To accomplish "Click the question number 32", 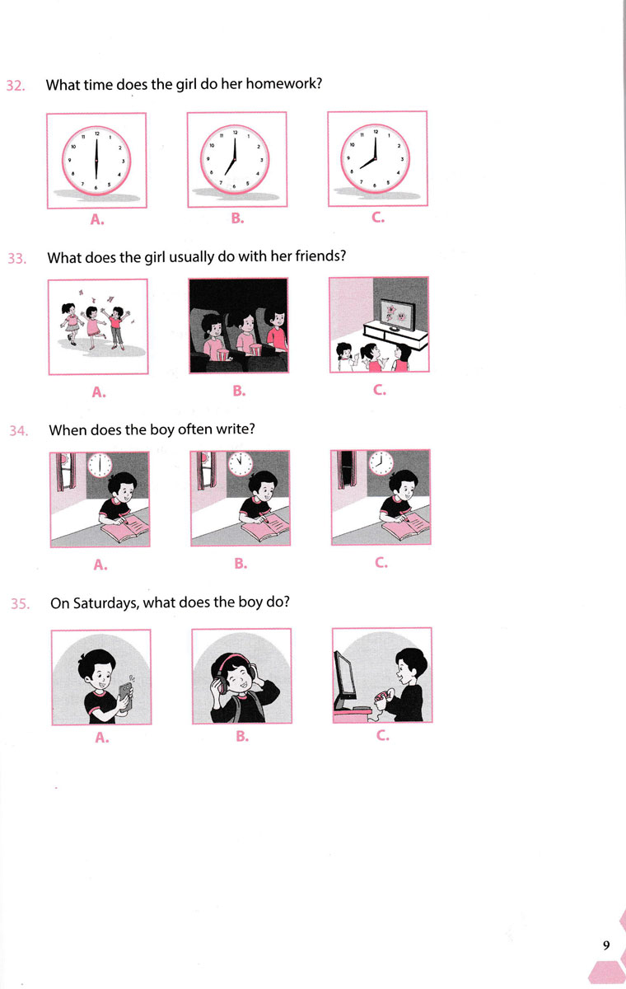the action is click(x=16, y=85).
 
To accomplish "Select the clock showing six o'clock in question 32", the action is click(x=96, y=160).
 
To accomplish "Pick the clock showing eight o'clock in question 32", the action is click(x=376, y=158).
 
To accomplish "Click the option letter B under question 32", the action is click(x=237, y=218).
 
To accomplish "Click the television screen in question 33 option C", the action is click(x=398, y=314).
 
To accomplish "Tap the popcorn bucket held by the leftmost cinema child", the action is click(x=223, y=354).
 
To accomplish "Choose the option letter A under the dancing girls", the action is click(x=99, y=391).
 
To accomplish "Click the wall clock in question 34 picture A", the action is click(x=100, y=466).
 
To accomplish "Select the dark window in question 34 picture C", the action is click(x=348, y=468).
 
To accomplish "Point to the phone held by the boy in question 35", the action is click(x=125, y=697).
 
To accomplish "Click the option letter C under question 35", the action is click(x=382, y=735).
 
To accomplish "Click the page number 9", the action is click(x=606, y=944).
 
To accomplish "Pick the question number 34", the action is click(x=19, y=430).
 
